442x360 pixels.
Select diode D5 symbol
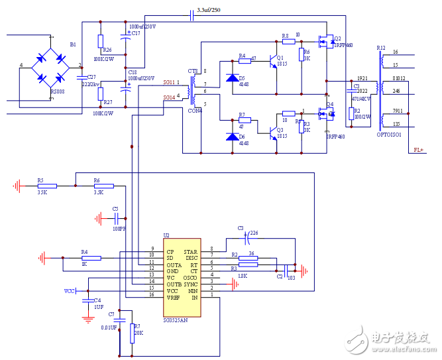(x=232, y=78)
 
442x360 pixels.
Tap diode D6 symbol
(x=232, y=137)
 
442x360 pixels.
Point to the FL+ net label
(x=419, y=150)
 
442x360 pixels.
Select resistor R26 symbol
(x=101, y=41)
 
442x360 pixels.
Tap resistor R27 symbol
(x=101, y=93)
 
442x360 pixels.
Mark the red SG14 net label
(x=169, y=97)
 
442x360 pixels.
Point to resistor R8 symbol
(x=288, y=41)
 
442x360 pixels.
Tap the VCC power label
(x=69, y=291)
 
